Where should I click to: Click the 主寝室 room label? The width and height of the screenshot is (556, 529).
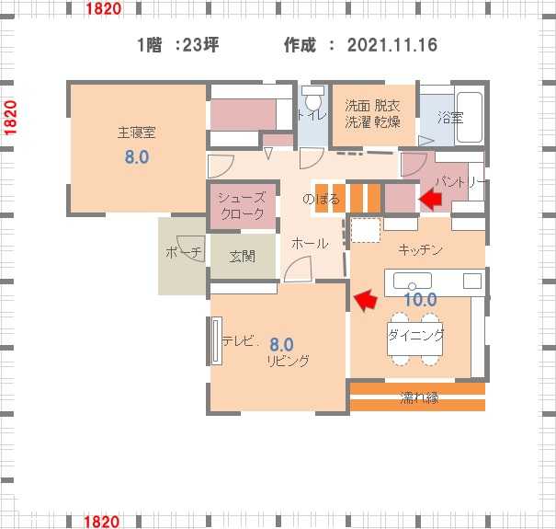[137, 132]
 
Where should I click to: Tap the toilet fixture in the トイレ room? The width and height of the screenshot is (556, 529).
[313, 98]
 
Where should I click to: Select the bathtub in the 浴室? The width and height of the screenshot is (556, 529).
[469, 117]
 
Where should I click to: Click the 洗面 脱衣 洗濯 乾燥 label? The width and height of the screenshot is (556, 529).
[373, 114]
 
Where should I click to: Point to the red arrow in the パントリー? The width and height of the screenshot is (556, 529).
[430, 199]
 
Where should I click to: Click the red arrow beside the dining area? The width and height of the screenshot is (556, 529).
[366, 300]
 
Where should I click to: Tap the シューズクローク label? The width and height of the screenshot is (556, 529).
[243, 205]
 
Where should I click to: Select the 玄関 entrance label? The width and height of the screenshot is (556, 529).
[243, 257]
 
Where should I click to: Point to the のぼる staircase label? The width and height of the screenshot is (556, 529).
[321, 199]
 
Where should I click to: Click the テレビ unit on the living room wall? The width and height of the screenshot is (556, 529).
[216, 340]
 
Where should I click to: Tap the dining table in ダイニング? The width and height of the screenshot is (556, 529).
[414, 339]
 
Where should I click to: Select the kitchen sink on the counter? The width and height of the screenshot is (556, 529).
[413, 281]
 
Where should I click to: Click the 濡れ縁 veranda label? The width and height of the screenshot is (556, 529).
[419, 397]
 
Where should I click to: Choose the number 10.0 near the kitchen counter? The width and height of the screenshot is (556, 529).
[421, 300]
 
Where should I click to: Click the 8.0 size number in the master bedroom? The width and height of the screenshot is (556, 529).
[137, 156]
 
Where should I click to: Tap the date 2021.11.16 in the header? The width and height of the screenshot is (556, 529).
[392, 45]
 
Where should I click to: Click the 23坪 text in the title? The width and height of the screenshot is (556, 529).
[200, 45]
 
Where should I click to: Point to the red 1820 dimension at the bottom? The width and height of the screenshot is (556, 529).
[101, 523]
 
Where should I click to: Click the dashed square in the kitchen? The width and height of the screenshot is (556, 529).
[366, 230]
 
